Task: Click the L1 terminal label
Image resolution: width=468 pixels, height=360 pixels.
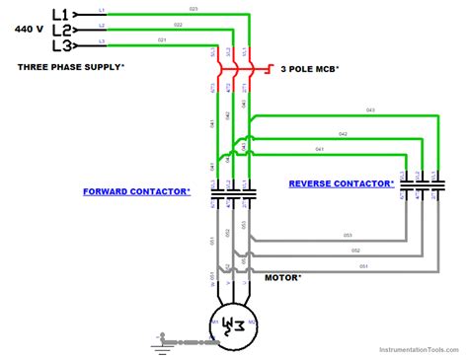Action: (58, 15)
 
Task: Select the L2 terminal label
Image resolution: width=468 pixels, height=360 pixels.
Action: (58, 30)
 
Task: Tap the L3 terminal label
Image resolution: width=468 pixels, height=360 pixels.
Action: (58, 45)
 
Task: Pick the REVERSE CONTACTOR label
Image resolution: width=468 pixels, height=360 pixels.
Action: (341, 183)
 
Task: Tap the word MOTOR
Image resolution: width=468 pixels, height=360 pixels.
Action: (283, 277)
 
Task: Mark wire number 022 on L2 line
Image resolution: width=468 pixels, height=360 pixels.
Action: (178, 24)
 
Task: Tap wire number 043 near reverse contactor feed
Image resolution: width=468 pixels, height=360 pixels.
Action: (370, 109)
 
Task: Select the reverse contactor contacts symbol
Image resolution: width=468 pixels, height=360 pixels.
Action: (422, 183)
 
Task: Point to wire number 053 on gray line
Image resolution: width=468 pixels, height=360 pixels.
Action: (349, 236)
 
